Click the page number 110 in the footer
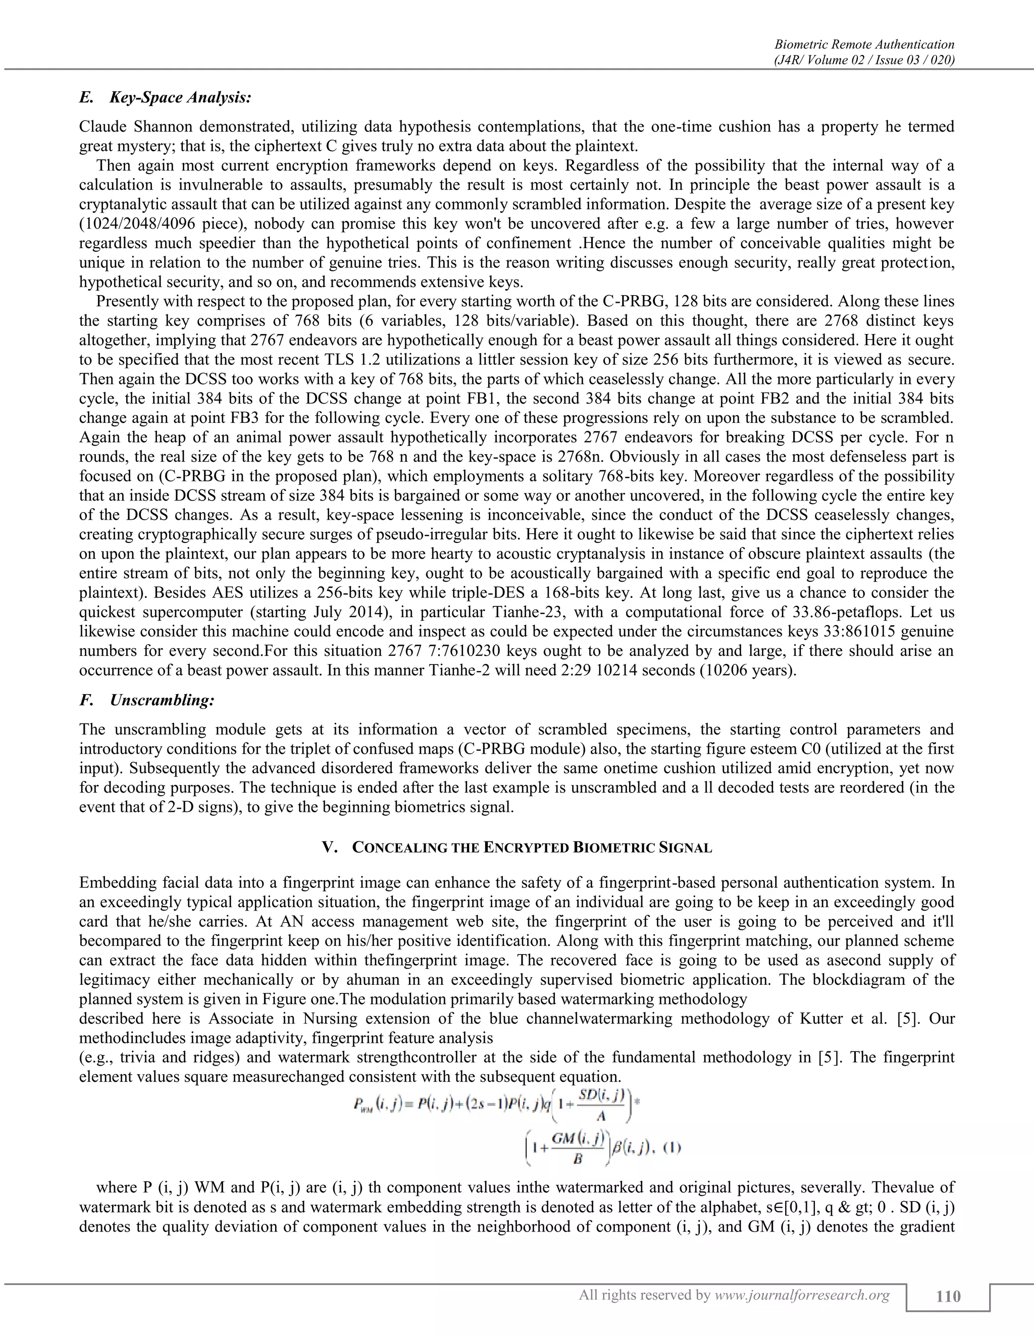[x=948, y=1296]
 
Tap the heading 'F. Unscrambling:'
[x=147, y=700]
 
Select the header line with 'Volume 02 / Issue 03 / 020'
[x=864, y=60]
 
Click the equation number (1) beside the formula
[x=672, y=1147]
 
